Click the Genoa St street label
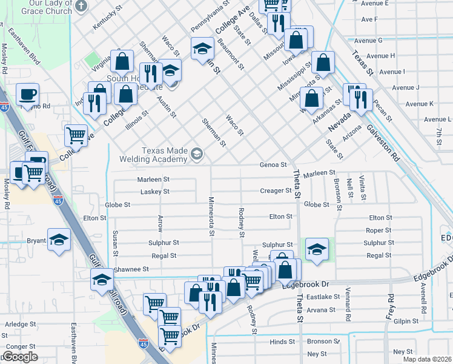coord(273,165)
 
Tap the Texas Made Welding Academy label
coord(164,155)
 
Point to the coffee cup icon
coord(27,95)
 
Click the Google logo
coord(19,357)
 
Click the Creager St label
coord(276,191)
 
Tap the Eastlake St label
coord(323,297)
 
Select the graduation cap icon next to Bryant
coord(59,240)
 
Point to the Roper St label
coord(379,231)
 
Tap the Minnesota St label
coord(212,215)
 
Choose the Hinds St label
coord(282,342)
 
